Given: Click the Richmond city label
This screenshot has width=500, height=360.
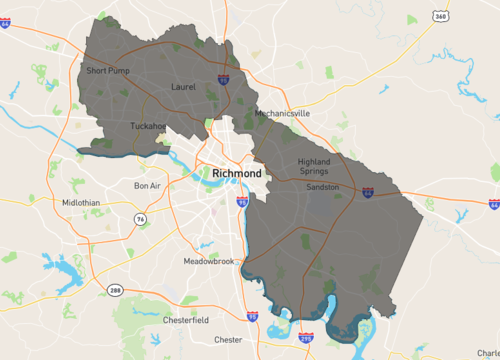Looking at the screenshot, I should click(x=237, y=174).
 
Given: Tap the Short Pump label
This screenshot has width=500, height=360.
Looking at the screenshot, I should click(x=108, y=71).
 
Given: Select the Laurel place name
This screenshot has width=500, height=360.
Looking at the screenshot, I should click(x=184, y=87).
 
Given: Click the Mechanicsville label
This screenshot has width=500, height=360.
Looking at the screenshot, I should click(x=282, y=114).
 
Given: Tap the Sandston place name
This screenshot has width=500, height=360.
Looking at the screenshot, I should click(x=323, y=187).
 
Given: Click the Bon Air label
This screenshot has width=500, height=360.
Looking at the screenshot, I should click(x=147, y=185).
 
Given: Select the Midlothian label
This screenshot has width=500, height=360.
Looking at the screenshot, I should click(x=81, y=202).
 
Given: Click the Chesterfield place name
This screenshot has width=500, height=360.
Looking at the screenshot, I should click(x=186, y=320).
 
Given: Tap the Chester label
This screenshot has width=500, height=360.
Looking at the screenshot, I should click(x=228, y=339).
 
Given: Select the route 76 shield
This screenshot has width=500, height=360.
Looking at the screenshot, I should click(x=142, y=218).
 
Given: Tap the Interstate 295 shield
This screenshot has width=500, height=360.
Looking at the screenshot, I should click(x=305, y=339).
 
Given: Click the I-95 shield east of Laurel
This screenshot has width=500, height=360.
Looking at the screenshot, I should click(x=222, y=78).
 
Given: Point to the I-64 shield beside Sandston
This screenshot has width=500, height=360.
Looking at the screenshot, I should click(x=367, y=190).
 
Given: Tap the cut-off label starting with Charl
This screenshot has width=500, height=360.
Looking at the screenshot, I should click(x=489, y=352).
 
